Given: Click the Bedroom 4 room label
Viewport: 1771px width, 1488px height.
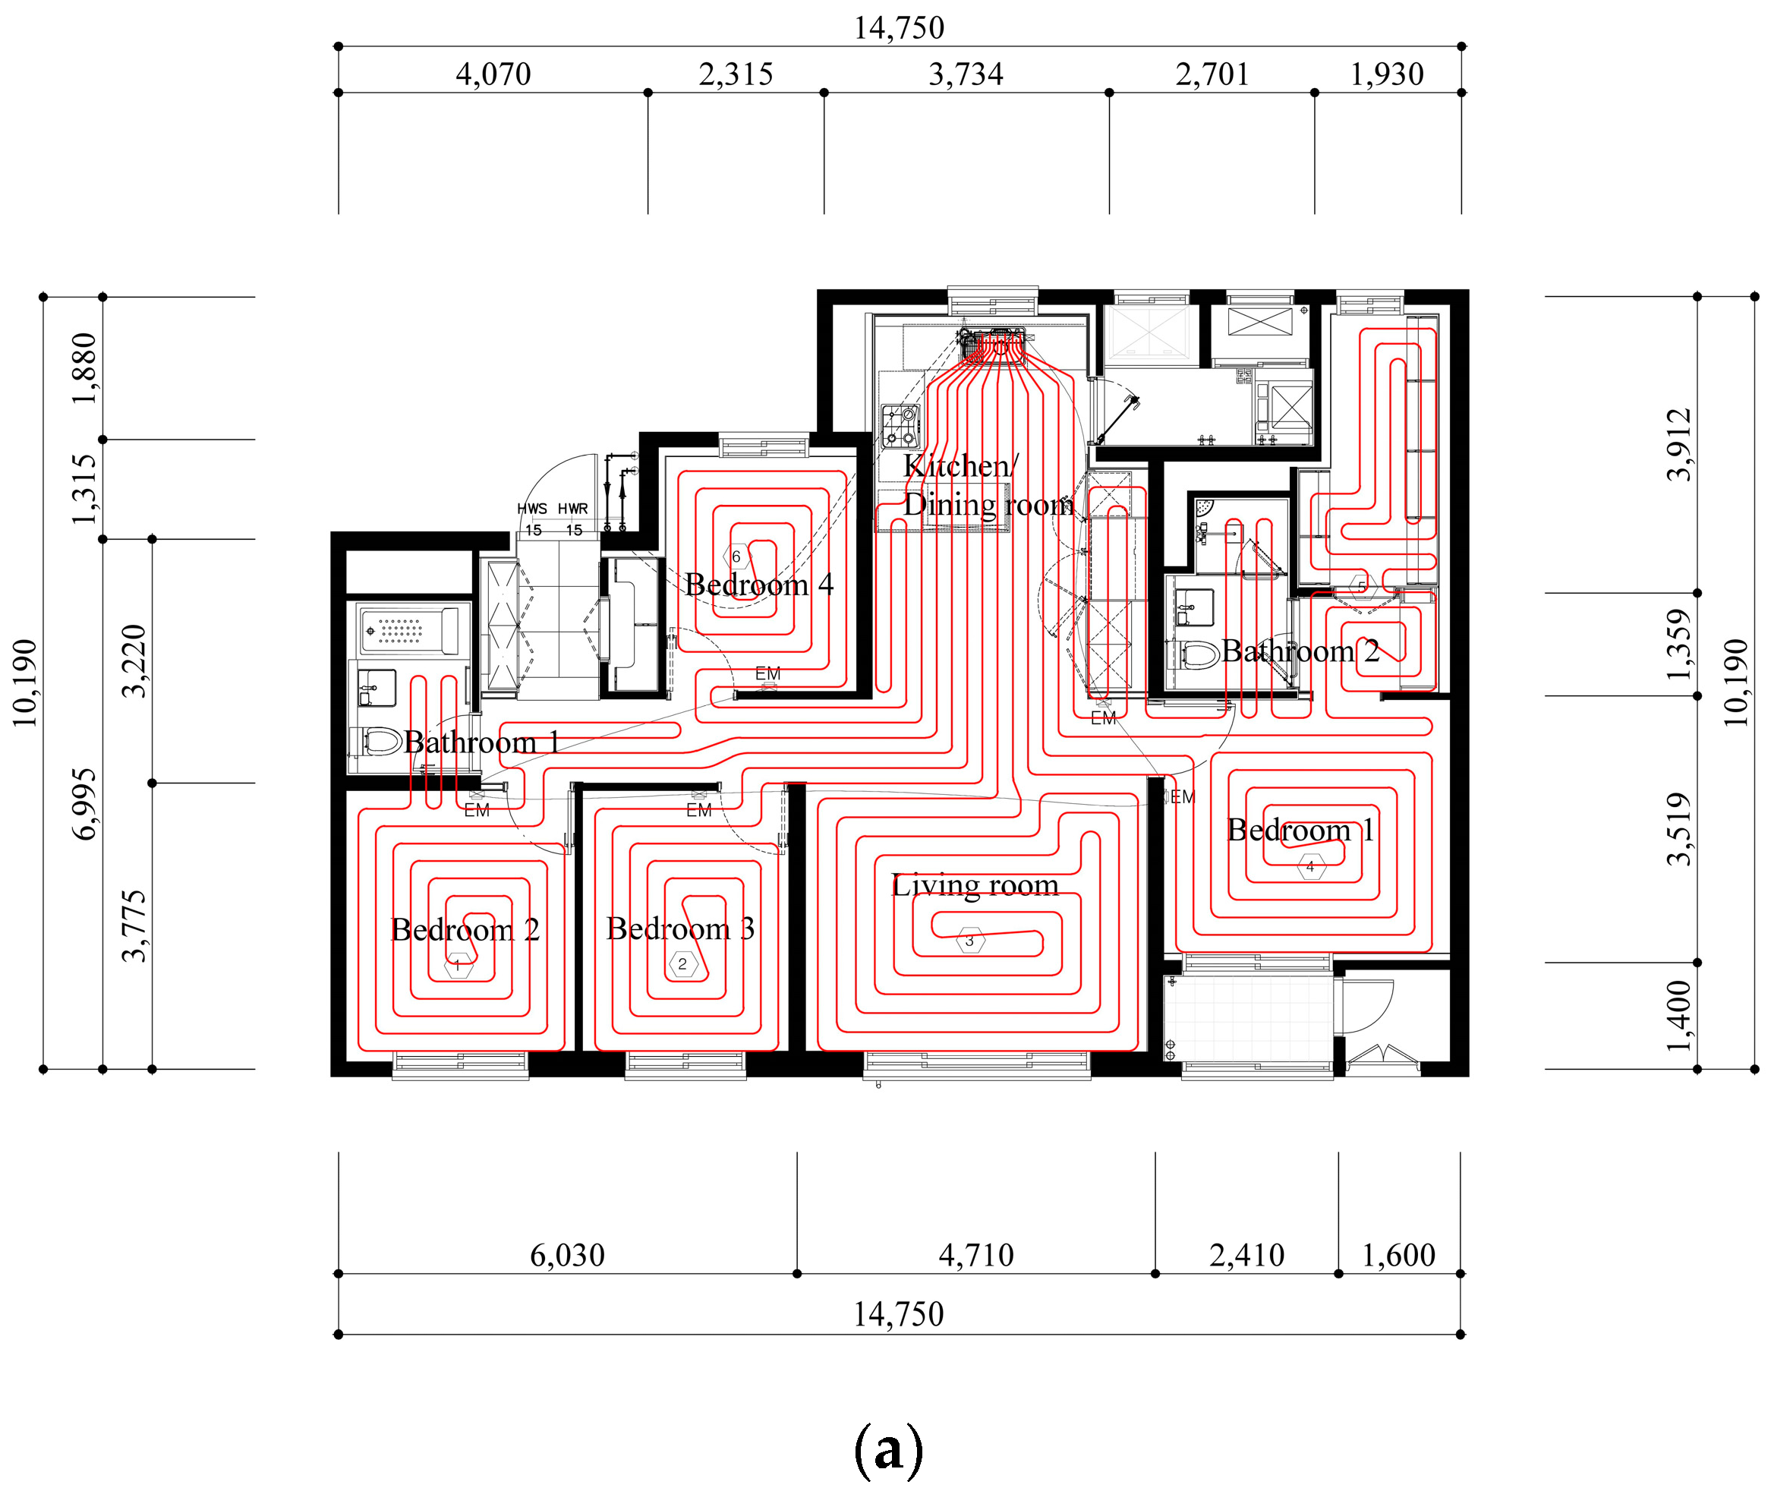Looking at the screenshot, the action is [x=759, y=585].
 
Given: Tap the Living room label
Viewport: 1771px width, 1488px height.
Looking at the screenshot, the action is [x=975, y=885].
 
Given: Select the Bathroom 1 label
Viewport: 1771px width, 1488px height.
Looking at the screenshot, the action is [x=481, y=742].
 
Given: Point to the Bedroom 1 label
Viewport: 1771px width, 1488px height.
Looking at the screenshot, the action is [x=1300, y=830].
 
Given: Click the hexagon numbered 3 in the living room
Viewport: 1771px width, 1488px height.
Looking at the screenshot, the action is [x=970, y=941].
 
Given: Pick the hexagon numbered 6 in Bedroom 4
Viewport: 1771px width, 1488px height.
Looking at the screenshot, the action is [x=736, y=556].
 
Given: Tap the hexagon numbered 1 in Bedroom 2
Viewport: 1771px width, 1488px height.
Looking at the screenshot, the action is [x=458, y=966].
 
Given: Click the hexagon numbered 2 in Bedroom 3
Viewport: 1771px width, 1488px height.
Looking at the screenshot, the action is [x=683, y=964].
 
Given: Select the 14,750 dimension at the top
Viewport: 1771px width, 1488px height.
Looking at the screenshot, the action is [x=899, y=28].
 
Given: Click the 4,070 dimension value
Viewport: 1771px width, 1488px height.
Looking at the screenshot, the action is [x=493, y=74].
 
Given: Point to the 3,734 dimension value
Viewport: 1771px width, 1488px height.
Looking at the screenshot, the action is [x=966, y=74].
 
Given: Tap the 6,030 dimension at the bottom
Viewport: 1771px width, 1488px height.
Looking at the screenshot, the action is [x=568, y=1255].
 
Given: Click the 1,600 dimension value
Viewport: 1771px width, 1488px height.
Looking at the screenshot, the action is [x=1398, y=1255].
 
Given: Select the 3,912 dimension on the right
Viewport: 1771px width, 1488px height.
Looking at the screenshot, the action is [x=1678, y=445].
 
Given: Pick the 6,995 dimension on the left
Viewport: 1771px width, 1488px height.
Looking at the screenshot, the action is [x=84, y=804].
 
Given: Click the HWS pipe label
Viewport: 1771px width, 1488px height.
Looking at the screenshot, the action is [x=532, y=509].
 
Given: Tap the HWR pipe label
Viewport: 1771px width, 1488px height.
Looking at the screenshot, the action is [x=572, y=509].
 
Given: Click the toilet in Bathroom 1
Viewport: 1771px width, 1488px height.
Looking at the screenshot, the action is [x=376, y=742].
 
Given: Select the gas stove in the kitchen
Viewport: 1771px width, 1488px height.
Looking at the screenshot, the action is [x=900, y=426].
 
